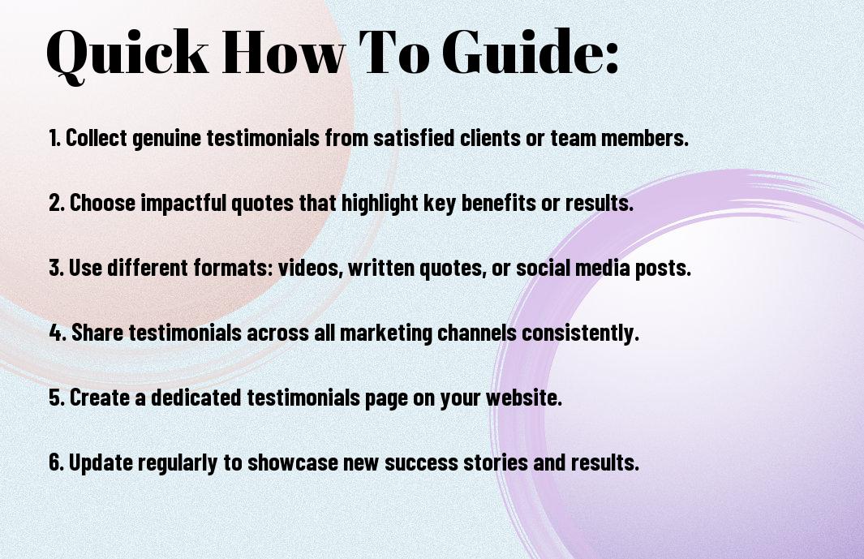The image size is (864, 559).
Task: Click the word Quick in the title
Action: pos(127,53)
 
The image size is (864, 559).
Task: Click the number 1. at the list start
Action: pos(54,138)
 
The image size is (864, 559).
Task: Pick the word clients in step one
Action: pos(490,138)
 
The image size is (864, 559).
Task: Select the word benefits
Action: pos(498,202)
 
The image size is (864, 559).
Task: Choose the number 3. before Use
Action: pos(56,268)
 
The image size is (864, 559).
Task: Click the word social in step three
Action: pos(543,268)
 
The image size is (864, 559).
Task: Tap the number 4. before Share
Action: pos(58,333)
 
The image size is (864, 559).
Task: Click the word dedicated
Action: pos(196,397)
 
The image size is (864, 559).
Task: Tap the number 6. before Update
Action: pos(57,462)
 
